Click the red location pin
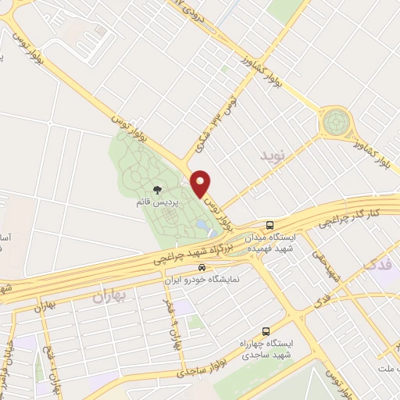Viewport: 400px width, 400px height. pos(201,184)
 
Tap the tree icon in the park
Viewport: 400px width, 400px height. pos(159,190)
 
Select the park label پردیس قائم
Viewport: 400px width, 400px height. pos(159,202)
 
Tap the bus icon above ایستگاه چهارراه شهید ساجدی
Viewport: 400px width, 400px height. pos(266,331)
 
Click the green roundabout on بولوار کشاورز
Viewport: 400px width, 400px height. pos(337,121)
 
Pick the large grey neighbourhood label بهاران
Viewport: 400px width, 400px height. pos(109,297)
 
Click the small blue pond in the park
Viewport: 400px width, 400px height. pos(202,227)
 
